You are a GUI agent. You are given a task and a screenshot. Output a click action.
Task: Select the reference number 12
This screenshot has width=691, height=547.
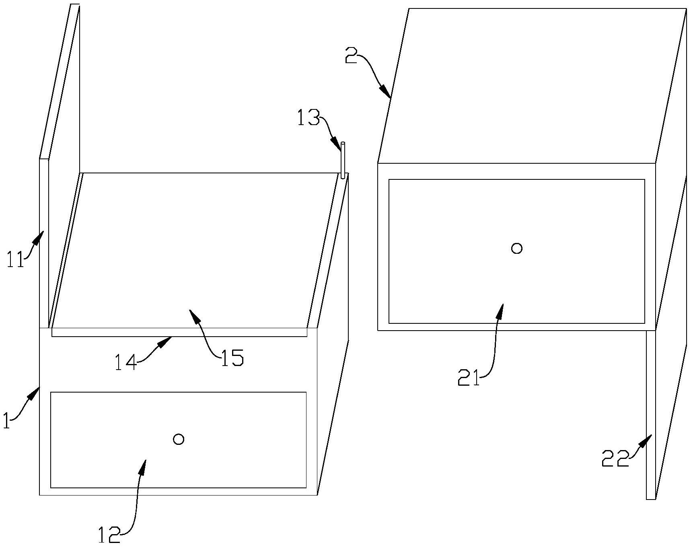[109, 536]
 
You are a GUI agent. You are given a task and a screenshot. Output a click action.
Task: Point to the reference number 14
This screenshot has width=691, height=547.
[125, 362]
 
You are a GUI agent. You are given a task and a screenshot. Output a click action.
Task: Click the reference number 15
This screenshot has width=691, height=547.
[232, 358]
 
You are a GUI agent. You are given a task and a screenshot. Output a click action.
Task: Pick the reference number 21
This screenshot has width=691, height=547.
[469, 378]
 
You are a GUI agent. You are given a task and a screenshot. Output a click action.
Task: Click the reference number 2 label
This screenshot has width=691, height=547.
[351, 57]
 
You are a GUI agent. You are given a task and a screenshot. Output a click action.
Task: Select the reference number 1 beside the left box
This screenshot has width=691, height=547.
[6, 422]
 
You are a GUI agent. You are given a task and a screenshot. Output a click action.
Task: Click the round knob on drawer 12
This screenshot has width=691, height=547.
[179, 439]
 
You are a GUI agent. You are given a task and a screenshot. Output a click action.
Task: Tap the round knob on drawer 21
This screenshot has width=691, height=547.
[517, 248]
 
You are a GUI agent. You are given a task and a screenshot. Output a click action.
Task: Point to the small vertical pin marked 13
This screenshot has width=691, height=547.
[343, 161]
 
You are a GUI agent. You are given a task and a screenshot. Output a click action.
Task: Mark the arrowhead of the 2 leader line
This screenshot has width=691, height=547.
[388, 95]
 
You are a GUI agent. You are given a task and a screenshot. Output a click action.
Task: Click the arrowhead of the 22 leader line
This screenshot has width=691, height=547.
[649, 438]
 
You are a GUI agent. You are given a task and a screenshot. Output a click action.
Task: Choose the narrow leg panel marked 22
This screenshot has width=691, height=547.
[651, 414]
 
